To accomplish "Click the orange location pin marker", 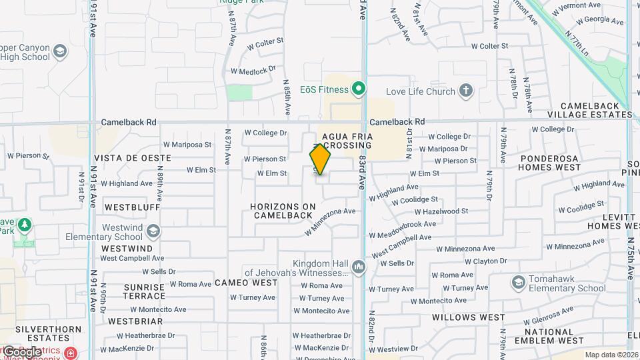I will [320, 159].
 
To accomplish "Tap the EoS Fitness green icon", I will [359, 89].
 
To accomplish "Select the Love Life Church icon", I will [466, 91].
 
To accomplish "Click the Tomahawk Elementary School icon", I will [518, 283].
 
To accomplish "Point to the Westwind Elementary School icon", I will [153, 231].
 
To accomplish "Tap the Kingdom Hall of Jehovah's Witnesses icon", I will [359, 267].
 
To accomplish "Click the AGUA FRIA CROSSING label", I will [347, 141].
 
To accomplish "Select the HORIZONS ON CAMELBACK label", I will [282, 211].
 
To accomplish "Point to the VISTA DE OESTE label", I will [133, 158].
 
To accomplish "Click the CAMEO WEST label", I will [246, 283].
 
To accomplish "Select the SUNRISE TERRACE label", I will [144, 291].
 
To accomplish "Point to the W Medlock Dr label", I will [253, 71].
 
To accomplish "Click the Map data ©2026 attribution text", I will [611, 355].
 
